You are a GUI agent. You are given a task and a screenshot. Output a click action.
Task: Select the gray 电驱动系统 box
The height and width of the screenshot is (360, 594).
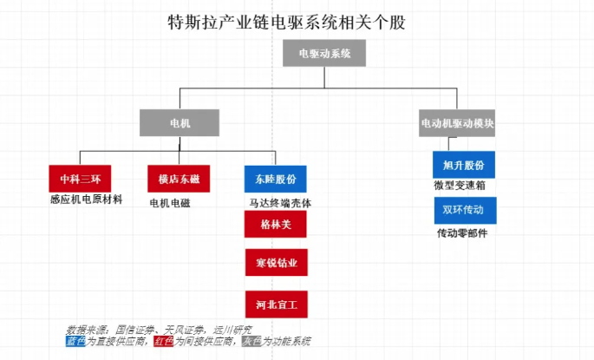(x=324, y=54)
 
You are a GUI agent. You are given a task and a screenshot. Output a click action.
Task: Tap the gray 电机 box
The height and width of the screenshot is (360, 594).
(x=179, y=123)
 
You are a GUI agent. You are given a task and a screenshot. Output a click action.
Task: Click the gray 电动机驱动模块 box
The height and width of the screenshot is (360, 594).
(x=457, y=123)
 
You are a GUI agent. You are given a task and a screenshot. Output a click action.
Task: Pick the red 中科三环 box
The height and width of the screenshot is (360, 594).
(x=80, y=179)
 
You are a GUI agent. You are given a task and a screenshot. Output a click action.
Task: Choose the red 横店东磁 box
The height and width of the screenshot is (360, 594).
(x=179, y=179)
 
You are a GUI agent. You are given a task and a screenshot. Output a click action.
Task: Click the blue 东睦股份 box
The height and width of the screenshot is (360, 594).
(x=275, y=179)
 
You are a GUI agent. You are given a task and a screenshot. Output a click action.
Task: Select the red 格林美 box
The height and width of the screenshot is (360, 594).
(x=276, y=224)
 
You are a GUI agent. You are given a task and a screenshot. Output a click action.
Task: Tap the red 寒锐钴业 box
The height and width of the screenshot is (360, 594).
(x=276, y=263)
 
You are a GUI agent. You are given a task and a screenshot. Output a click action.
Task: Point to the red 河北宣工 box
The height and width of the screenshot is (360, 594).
(x=276, y=304)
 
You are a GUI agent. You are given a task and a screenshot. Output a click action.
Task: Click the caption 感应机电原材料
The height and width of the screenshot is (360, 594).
(x=86, y=200)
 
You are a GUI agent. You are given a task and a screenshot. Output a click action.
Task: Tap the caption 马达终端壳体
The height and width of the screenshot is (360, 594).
(x=279, y=203)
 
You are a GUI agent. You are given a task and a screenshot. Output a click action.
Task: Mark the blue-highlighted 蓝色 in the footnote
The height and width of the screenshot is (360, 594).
(x=76, y=341)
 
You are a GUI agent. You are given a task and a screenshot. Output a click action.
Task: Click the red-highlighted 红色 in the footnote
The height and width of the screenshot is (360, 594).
(x=163, y=341)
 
